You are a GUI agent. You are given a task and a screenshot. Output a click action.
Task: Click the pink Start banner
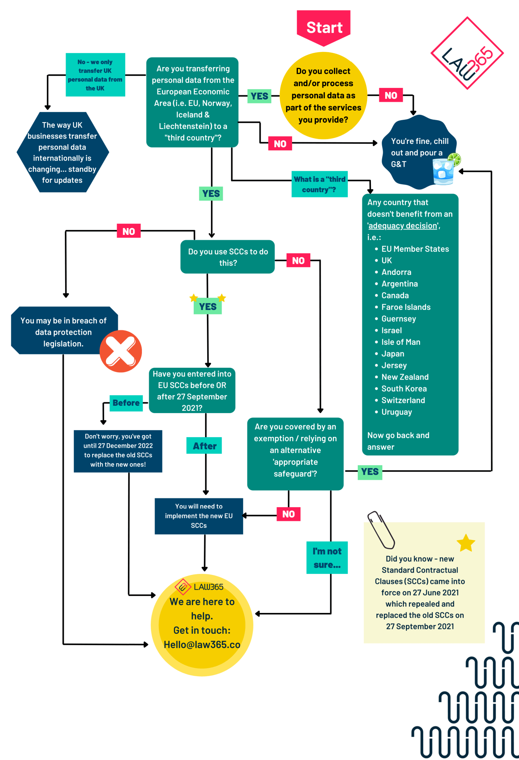324,27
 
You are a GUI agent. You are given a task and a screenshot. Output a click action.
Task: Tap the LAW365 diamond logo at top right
467,53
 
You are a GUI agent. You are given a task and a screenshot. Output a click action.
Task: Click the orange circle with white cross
121,351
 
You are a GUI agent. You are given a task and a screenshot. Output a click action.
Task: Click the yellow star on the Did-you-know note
466,543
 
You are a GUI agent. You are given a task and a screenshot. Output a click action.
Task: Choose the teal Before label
126,403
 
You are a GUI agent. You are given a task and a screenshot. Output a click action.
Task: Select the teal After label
204,446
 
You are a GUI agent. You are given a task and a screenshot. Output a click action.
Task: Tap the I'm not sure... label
327,558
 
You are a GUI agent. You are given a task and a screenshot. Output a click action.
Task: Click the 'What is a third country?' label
319,184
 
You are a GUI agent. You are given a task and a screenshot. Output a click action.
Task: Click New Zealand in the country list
405,377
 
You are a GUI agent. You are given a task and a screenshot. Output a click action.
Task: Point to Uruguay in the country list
397,412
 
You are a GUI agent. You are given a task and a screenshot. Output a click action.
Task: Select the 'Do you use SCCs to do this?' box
228,257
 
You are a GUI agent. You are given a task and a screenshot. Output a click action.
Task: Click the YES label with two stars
208,306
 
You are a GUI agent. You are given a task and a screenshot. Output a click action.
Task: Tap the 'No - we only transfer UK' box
95,75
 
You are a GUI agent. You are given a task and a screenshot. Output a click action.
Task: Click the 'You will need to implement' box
199,516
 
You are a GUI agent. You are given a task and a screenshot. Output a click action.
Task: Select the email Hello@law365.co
202,645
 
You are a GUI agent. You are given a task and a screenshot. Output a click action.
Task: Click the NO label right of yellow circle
391,95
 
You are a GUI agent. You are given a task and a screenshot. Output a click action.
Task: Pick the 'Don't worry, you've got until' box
118,451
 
